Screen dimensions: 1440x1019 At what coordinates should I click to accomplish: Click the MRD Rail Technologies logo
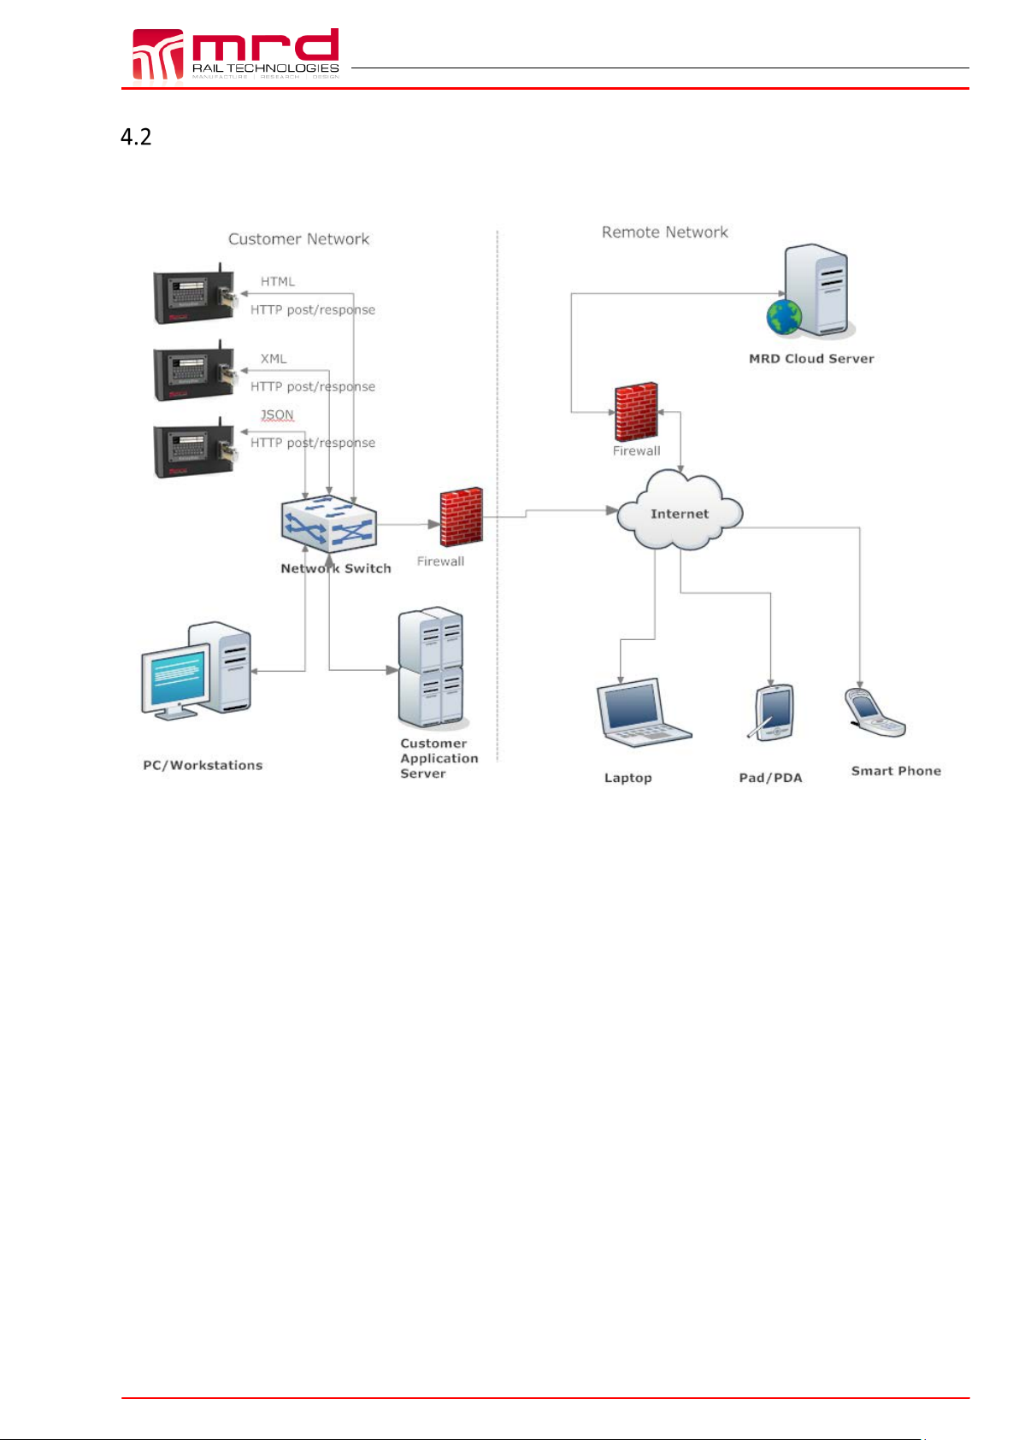(x=235, y=54)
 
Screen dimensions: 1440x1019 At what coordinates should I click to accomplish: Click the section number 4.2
(x=136, y=137)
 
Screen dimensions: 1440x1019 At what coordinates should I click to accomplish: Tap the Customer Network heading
(x=298, y=239)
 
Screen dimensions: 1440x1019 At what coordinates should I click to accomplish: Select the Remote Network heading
(x=664, y=232)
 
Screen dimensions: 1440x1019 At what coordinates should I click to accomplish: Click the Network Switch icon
(x=329, y=524)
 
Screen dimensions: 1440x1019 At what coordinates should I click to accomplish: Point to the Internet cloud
(x=680, y=514)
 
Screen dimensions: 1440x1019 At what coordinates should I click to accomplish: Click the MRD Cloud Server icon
(x=816, y=291)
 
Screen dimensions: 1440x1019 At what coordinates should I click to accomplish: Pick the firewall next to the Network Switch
(x=461, y=517)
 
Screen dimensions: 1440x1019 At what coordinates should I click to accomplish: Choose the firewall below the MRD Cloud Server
(x=636, y=412)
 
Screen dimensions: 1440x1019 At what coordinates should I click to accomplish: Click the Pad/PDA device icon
(x=775, y=712)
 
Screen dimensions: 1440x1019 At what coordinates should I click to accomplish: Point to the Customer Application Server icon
(x=431, y=667)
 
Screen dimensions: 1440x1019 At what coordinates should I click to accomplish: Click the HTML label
(x=278, y=281)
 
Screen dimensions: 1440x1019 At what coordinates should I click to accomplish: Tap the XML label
(x=274, y=359)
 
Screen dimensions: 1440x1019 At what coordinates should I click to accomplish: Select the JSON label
(x=277, y=414)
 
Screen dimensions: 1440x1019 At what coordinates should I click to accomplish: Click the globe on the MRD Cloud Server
(x=784, y=317)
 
